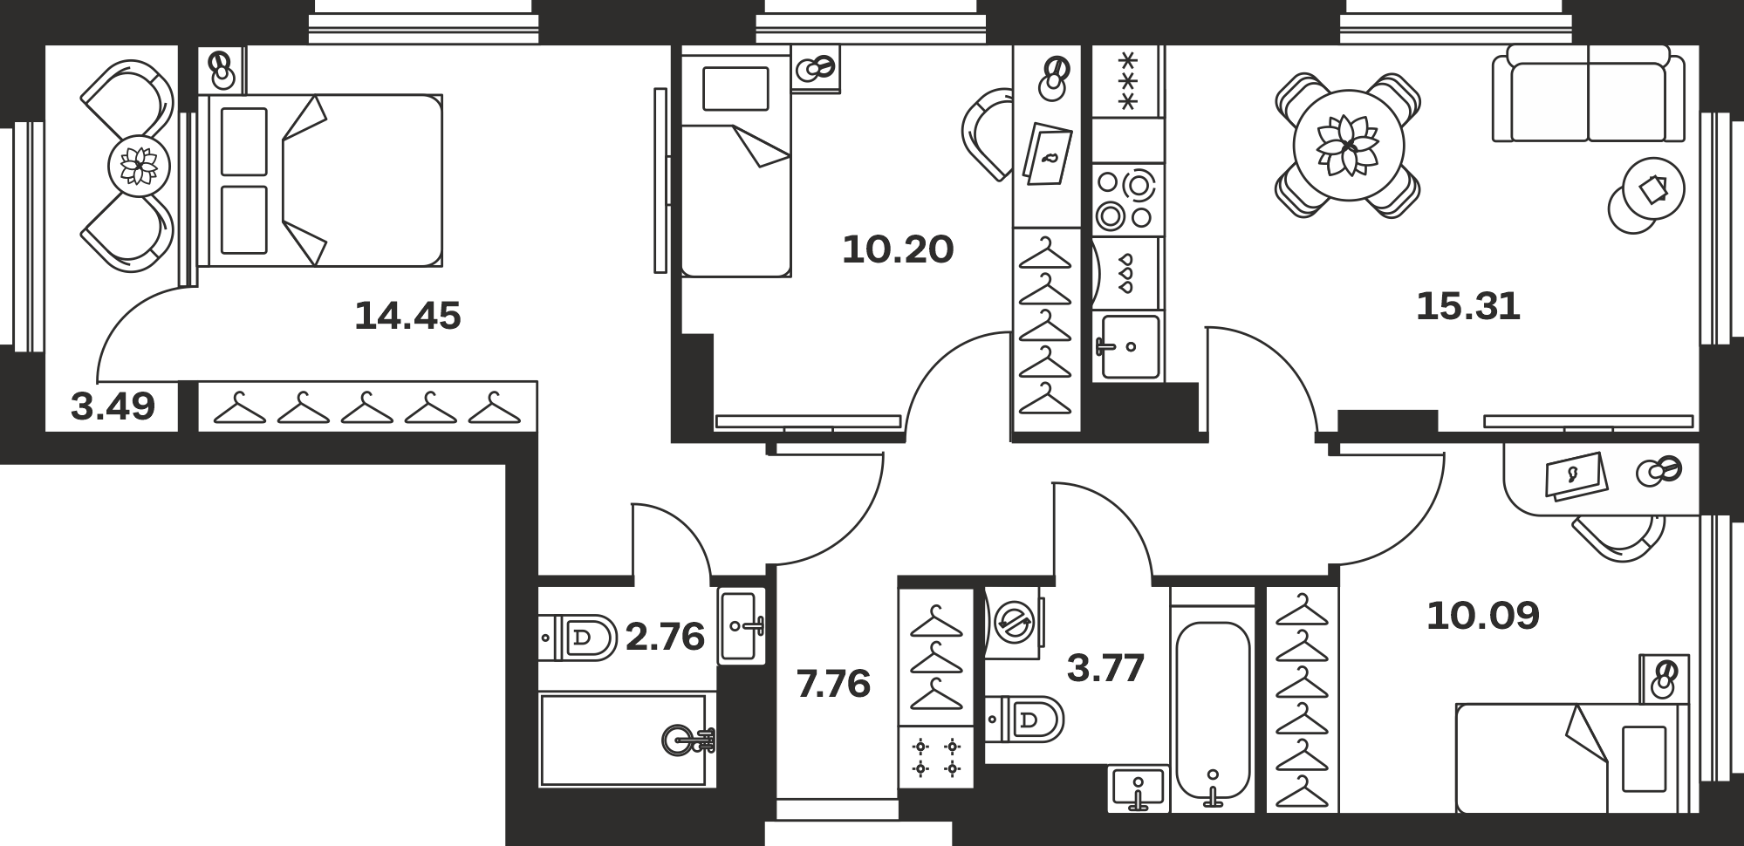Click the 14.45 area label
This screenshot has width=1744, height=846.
tap(407, 316)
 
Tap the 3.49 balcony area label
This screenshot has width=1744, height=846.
tap(113, 406)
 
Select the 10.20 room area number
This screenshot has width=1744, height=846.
tap(898, 249)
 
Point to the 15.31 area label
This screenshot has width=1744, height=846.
tap(1468, 306)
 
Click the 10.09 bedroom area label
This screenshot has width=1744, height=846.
tap(1483, 616)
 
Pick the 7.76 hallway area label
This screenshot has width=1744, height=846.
tap(833, 684)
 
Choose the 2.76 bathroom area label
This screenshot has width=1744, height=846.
tap(665, 637)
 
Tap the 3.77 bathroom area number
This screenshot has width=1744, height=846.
tap(1105, 669)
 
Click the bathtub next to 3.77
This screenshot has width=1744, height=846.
tap(1213, 712)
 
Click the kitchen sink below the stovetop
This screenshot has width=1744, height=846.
tap(1129, 346)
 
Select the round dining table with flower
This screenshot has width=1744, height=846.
tap(1348, 145)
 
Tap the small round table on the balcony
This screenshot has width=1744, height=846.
tap(138, 164)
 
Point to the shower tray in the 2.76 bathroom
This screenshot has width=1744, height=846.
tap(624, 740)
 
